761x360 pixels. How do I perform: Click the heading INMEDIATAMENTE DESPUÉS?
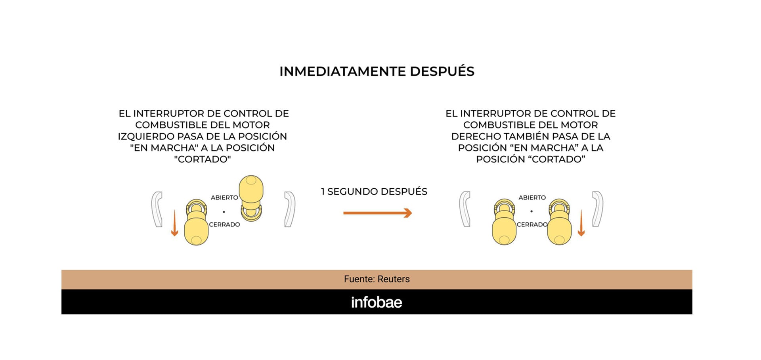pyautogui.click(x=377, y=71)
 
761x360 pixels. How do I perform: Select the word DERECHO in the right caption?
pyautogui.click(x=476, y=136)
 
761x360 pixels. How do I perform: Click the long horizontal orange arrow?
pyautogui.click(x=377, y=213)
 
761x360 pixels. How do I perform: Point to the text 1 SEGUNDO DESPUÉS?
pyautogui.click(x=374, y=192)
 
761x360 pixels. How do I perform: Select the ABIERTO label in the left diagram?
pyautogui.click(x=224, y=197)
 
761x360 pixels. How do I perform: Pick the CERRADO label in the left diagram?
pyautogui.click(x=224, y=224)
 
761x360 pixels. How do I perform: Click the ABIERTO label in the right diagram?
pyautogui.click(x=532, y=197)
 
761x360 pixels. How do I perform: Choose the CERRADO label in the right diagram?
pyautogui.click(x=532, y=224)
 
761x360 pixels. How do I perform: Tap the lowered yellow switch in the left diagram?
pyautogui.click(x=196, y=224)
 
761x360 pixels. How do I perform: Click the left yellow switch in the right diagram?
pyautogui.click(x=504, y=224)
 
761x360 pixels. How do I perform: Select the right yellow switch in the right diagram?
pyautogui.click(x=559, y=224)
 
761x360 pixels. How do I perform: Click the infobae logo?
pyautogui.click(x=377, y=303)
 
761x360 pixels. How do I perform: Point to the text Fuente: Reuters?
pyautogui.click(x=377, y=279)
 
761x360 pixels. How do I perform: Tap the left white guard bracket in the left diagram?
pyautogui.click(x=157, y=209)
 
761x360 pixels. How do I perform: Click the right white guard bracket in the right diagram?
pyautogui.click(x=598, y=209)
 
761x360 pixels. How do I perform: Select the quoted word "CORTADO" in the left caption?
pyautogui.click(x=202, y=159)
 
